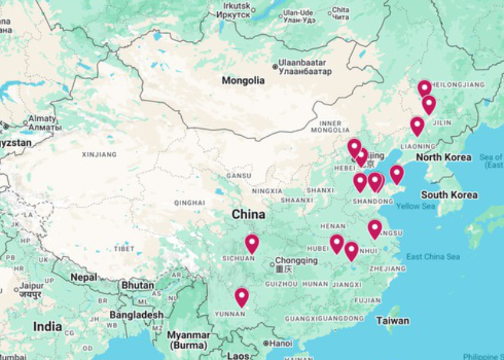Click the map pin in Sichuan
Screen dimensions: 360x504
point(251,243)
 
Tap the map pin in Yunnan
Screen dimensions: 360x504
point(241,296)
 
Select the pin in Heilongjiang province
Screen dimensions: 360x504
point(424,88)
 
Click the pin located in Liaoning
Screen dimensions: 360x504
point(417,125)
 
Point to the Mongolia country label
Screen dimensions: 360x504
point(243,80)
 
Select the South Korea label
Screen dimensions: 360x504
point(449,195)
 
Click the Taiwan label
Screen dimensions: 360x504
point(392,320)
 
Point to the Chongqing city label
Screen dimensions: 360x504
point(296,261)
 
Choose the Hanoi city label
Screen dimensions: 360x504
point(280,343)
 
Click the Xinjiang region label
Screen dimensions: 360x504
point(99,155)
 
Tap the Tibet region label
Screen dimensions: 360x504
point(125,248)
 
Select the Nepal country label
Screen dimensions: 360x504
point(83,278)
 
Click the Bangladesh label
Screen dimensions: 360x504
point(140,314)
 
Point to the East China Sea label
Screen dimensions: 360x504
point(433,257)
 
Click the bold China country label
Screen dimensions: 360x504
point(248,214)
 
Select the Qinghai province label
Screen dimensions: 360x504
point(190,203)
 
